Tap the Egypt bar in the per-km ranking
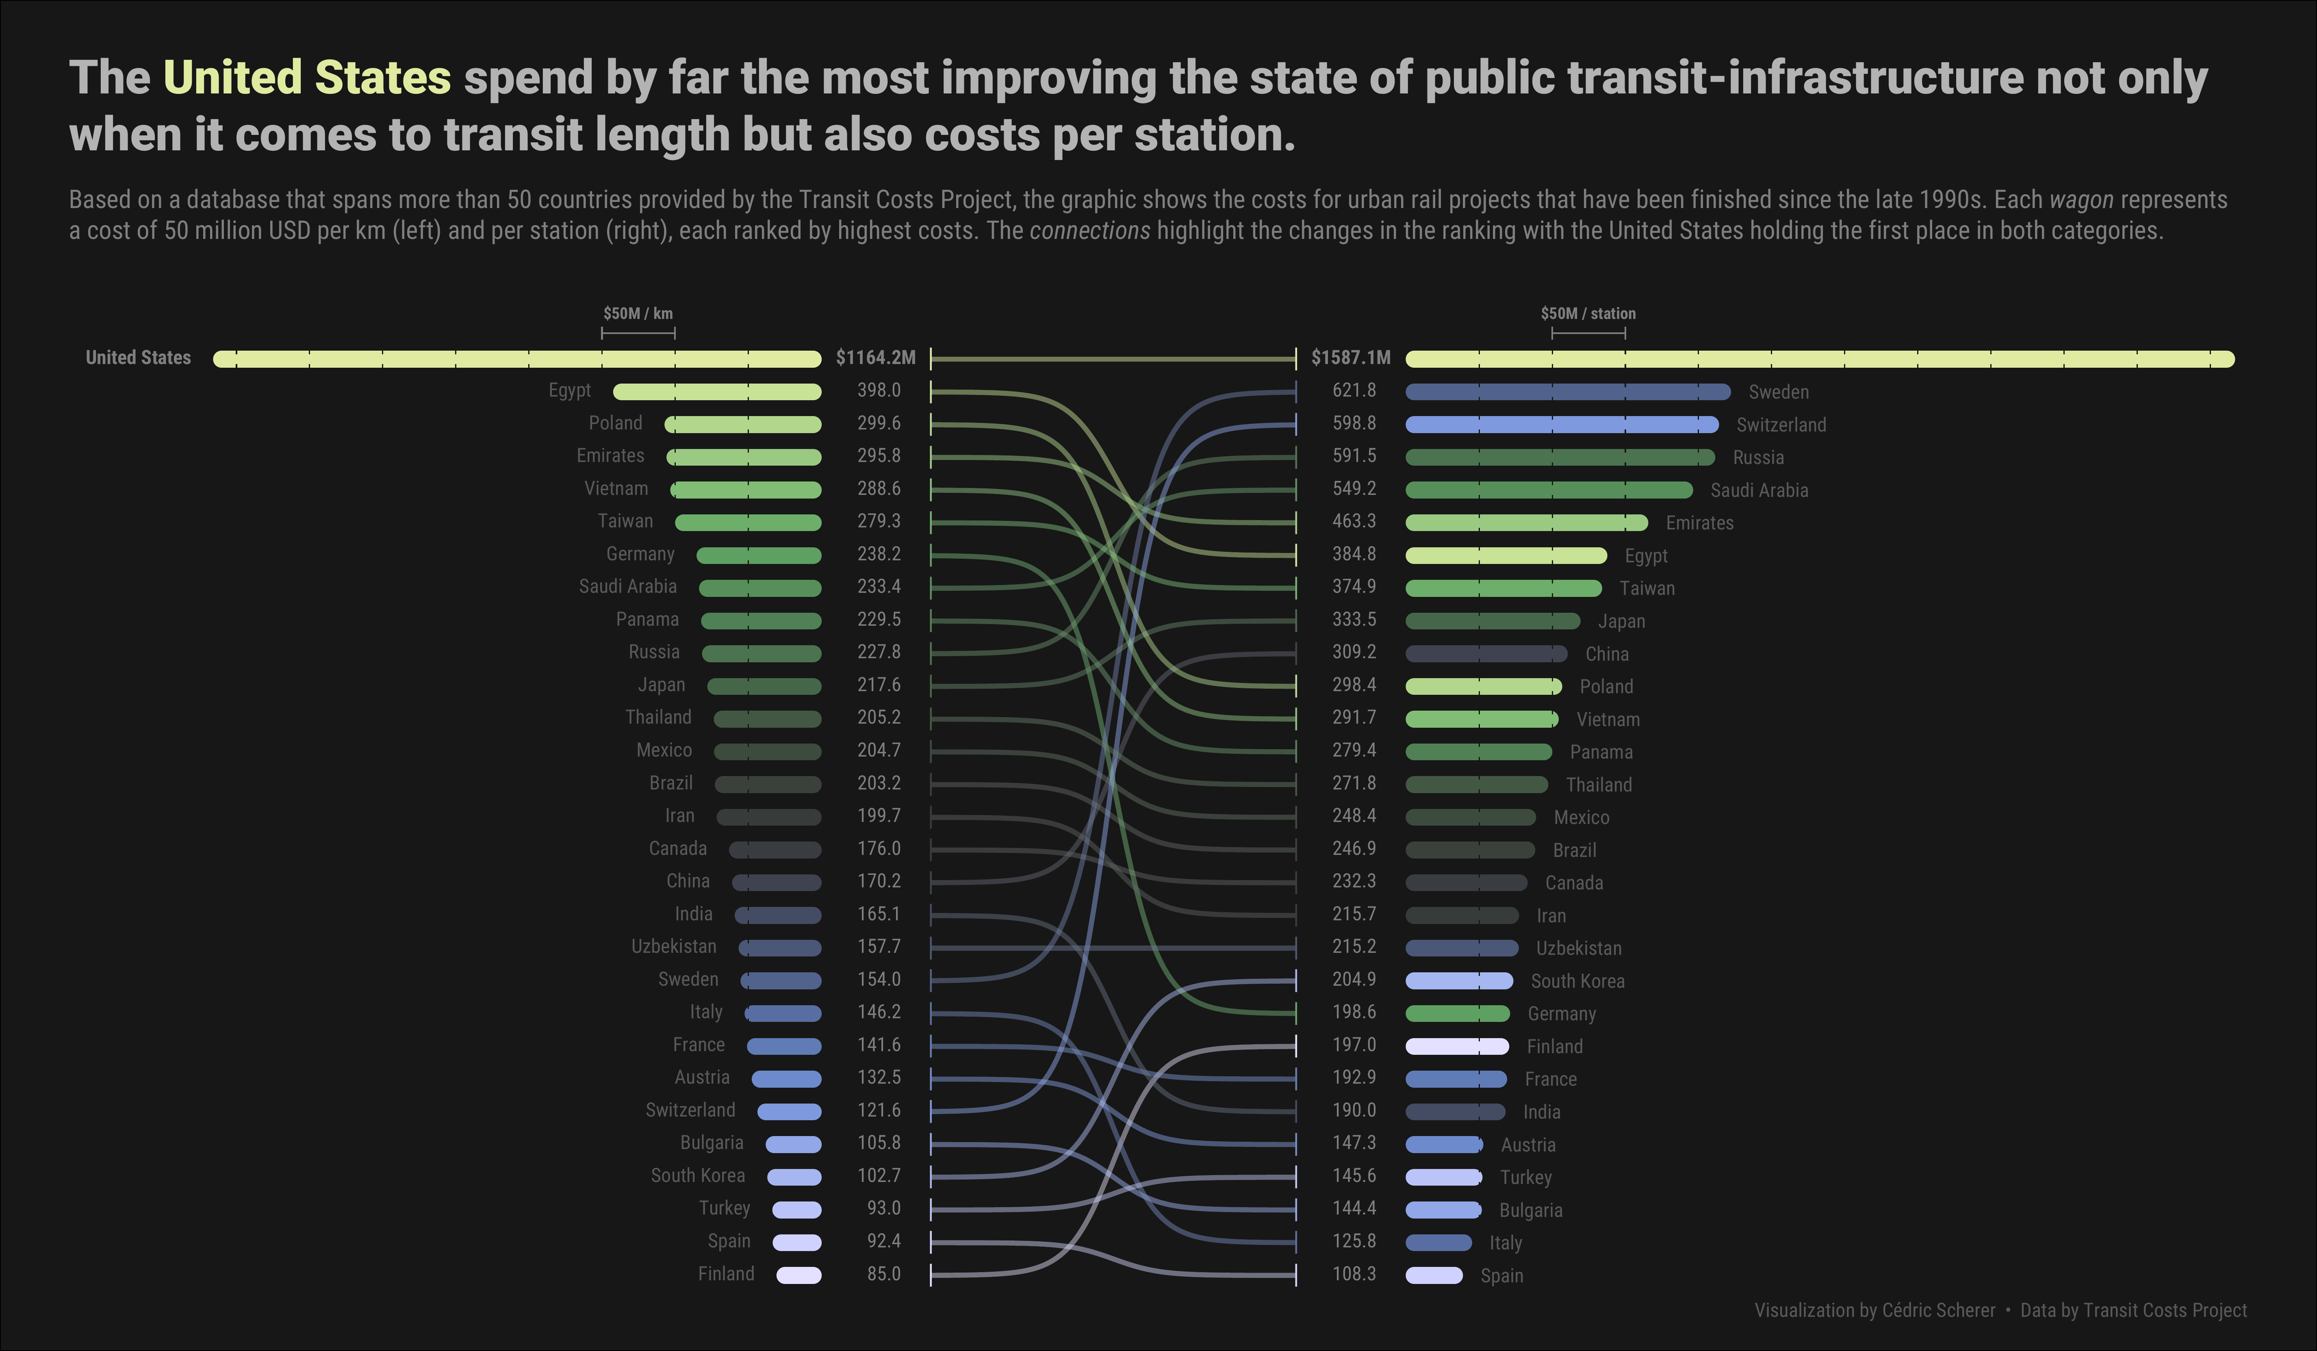(717, 392)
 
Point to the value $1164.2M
(875, 358)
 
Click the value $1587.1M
(1351, 358)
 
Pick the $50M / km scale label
(638, 314)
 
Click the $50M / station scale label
(1588, 314)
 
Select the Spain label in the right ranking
(1501, 1275)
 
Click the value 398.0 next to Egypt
(879, 390)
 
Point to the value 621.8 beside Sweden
(1354, 390)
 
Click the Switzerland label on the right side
(1781, 425)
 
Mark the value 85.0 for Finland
(883, 1274)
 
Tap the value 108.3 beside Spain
(1354, 1274)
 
